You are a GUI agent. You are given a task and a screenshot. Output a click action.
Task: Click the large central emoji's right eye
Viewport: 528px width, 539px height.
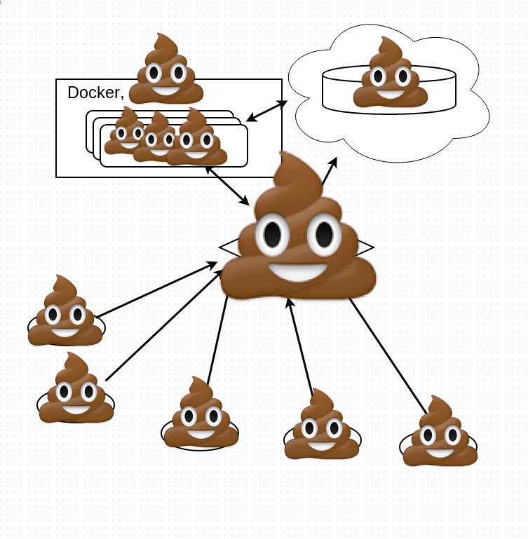pos(324,235)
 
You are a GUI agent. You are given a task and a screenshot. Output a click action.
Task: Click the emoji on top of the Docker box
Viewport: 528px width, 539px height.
pos(165,71)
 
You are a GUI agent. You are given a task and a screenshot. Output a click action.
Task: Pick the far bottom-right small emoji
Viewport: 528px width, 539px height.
pos(440,435)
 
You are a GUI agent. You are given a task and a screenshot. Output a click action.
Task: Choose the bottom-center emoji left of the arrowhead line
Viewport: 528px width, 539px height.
pos(201,415)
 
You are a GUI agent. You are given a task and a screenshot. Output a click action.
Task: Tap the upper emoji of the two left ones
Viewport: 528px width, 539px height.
pos(65,314)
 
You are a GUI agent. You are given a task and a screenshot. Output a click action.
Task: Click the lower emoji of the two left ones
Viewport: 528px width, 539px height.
pos(75,390)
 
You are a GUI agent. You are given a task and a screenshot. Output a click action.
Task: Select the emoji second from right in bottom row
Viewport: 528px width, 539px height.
pos(323,428)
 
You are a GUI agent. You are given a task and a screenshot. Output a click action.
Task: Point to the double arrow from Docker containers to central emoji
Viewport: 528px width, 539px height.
pos(228,186)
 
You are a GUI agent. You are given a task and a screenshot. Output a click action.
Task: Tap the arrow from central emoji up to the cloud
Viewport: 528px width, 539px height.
pos(329,172)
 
